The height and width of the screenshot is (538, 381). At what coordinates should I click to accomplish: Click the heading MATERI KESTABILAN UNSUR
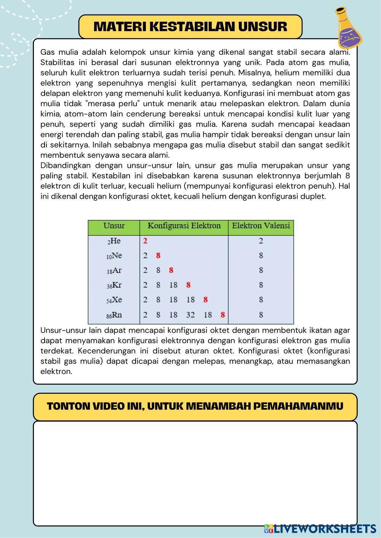[190, 27]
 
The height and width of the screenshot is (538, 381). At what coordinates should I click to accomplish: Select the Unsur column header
[114, 226]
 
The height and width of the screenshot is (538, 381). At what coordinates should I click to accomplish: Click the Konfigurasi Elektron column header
[184, 226]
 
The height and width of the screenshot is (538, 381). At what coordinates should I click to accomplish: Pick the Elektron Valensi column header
[261, 226]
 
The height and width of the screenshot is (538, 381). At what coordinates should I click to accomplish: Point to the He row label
[114, 241]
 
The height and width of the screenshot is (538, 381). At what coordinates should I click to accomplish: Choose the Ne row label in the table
[114, 256]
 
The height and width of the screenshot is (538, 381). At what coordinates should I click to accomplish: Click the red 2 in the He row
[145, 241]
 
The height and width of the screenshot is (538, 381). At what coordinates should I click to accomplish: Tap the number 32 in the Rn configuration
[190, 315]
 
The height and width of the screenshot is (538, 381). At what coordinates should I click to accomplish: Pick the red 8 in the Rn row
[223, 315]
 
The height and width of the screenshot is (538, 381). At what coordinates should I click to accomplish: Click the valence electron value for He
[261, 241]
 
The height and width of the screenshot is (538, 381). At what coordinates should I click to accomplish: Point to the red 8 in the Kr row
[188, 285]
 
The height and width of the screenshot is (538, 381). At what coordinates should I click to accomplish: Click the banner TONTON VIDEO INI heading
[195, 406]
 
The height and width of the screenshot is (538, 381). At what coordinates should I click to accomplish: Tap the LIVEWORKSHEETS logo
[320, 528]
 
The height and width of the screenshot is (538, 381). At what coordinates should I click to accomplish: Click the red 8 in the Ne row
[158, 256]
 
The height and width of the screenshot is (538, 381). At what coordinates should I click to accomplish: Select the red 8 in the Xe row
[205, 300]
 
